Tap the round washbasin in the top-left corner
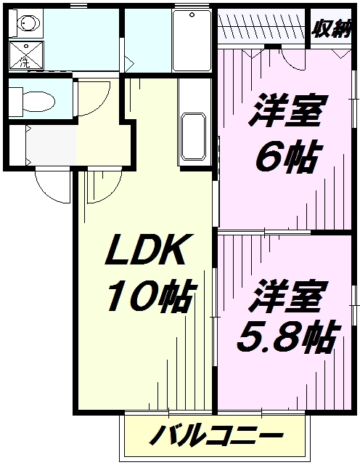[28, 24]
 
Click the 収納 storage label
[331, 28]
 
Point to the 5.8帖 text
[288, 336]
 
